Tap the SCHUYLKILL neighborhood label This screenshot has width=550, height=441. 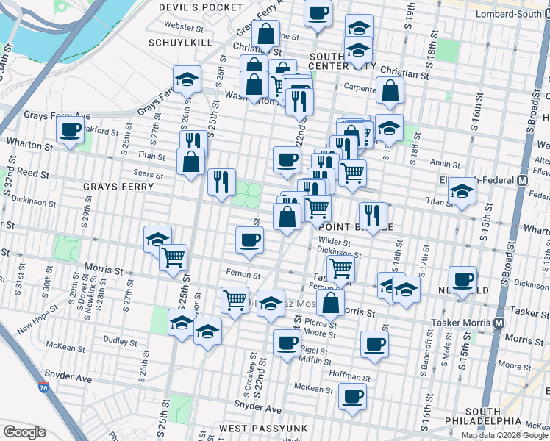tap(179, 43)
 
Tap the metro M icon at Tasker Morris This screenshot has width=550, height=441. tap(499, 323)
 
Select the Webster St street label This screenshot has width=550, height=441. tap(184, 26)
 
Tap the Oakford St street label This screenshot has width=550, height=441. tap(101, 132)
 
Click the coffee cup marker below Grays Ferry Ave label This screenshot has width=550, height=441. tap(71, 130)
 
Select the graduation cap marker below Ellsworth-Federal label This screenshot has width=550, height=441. tap(462, 191)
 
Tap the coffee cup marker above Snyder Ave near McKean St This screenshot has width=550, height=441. tap(352, 395)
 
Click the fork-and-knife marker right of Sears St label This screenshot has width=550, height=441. tap(221, 181)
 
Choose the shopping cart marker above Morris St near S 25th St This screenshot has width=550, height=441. tap(174, 257)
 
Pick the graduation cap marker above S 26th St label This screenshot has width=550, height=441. tap(187, 79)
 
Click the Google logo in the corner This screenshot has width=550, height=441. tap(24, 432)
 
